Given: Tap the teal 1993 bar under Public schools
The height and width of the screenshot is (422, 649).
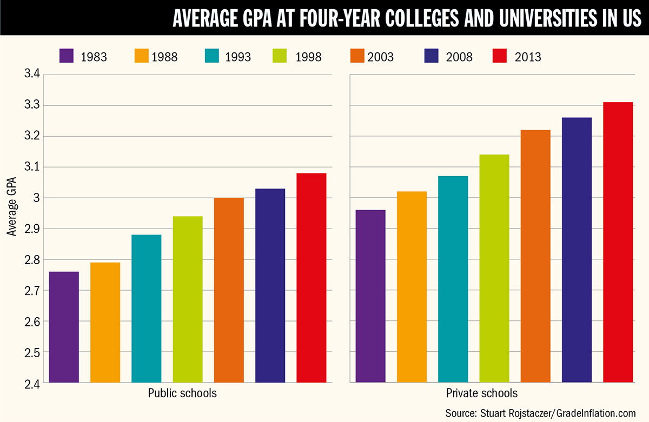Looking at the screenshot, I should click(146, 309).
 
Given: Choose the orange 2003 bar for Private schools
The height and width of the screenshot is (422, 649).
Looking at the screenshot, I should click(535, 256).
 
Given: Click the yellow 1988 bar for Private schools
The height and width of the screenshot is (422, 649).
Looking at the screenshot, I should click(412, 287).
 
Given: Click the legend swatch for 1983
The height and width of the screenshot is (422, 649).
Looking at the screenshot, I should click(66, 56).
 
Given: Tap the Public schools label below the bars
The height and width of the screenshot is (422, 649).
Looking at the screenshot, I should click(182, 393).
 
